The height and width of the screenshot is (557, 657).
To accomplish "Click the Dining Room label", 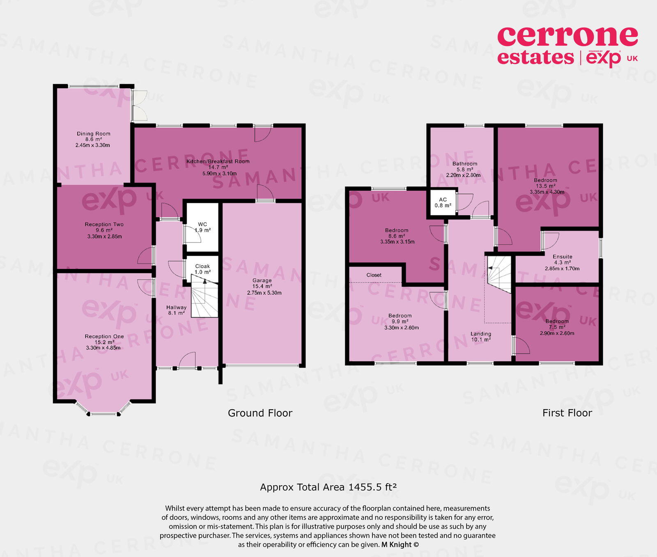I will [x=94, y=134].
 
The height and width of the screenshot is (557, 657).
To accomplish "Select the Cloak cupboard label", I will [x=202, y=266].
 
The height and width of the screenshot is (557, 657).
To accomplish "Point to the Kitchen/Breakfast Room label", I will [x=218, y=161].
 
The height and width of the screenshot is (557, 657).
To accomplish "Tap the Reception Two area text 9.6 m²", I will [x=104, y=230].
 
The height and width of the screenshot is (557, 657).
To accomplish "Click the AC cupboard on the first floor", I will [x=443, y=202].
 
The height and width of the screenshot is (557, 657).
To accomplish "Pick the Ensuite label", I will [x=562, y=257].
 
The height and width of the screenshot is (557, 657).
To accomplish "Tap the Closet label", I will [x=374, y=275].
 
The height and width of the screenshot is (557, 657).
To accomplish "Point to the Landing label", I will [x=480, y=334].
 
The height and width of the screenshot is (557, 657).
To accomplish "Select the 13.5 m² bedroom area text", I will [x=545, y=186].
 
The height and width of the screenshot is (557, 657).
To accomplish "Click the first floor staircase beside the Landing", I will [x=499, y=273].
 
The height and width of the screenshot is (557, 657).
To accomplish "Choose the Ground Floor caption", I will [x=260, y=413].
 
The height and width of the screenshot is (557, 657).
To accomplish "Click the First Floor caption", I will [x=567, y=413].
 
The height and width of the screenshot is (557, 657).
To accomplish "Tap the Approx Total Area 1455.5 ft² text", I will [x=328, y=487].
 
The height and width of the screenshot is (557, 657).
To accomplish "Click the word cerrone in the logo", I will [x=567, y=37].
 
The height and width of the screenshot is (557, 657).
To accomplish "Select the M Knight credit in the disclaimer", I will [x=396, y=545].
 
